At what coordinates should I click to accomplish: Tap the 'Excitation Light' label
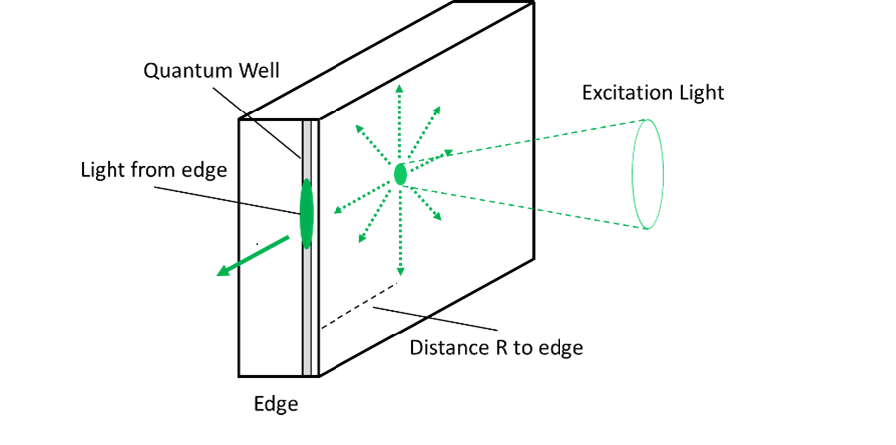(x=652, y=93)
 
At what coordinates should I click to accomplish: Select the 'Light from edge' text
(x=153, y=170)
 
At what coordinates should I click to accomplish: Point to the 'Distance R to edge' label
(x=497, y=348)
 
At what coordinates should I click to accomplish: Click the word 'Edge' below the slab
(x=275, y=404)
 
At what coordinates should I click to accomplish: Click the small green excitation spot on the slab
(x=400, y=174)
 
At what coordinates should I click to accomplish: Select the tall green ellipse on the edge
(x=306, y=214)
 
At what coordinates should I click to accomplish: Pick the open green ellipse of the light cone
(x=648, y=174)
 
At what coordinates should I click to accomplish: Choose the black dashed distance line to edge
(x=358, y=305)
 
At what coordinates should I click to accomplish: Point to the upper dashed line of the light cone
(x=528, y=140)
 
